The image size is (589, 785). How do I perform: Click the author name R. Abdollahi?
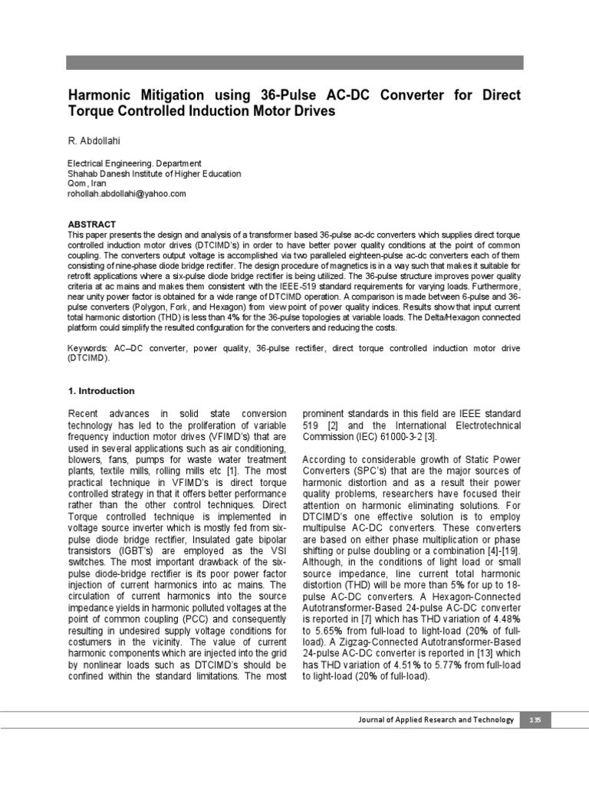[95, 143]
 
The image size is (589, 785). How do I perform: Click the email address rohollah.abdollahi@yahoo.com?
[127, 194]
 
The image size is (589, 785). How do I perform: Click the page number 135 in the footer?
[535, 719]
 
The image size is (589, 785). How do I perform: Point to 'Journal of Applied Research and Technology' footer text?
[436, 719]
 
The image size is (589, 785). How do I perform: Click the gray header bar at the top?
[294, 63]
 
